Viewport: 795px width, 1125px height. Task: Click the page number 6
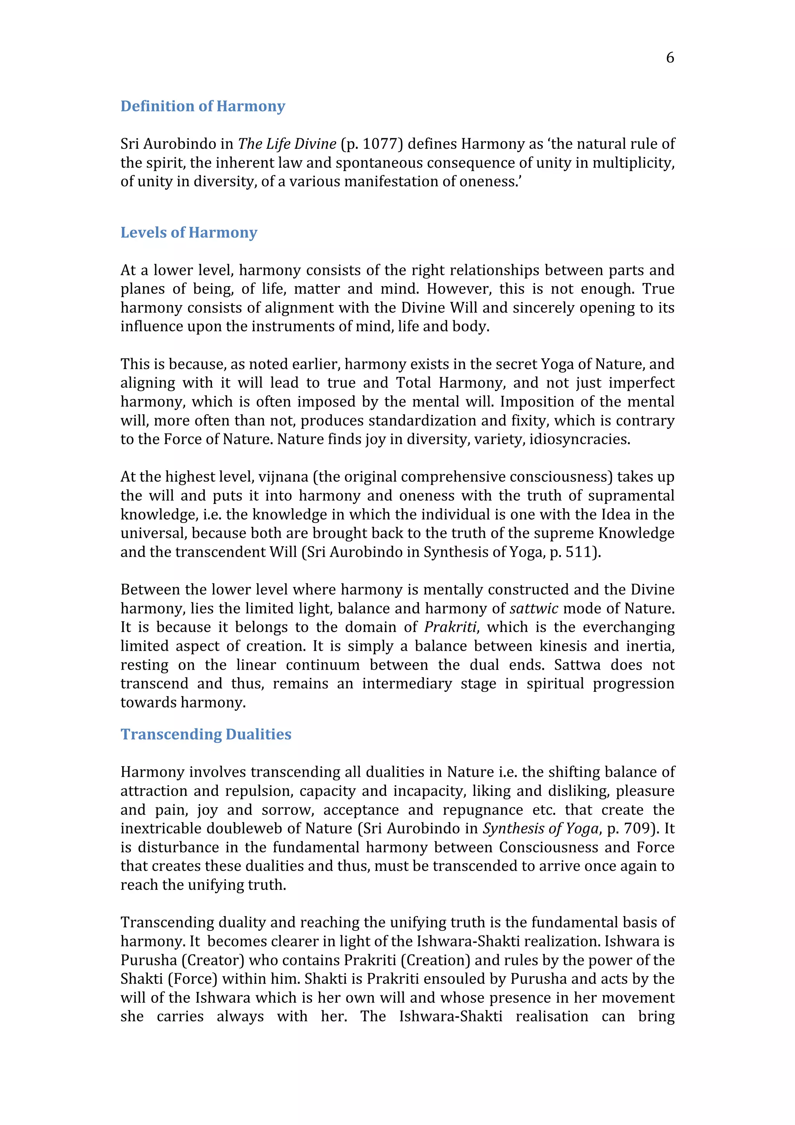tap(670, 58)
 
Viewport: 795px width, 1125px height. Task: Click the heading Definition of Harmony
tap(203, 106)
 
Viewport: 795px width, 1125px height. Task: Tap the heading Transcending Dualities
tap(206, 734)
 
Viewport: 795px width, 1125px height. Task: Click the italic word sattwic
tap(533, 609)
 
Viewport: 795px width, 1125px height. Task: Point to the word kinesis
tap(562, 646)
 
